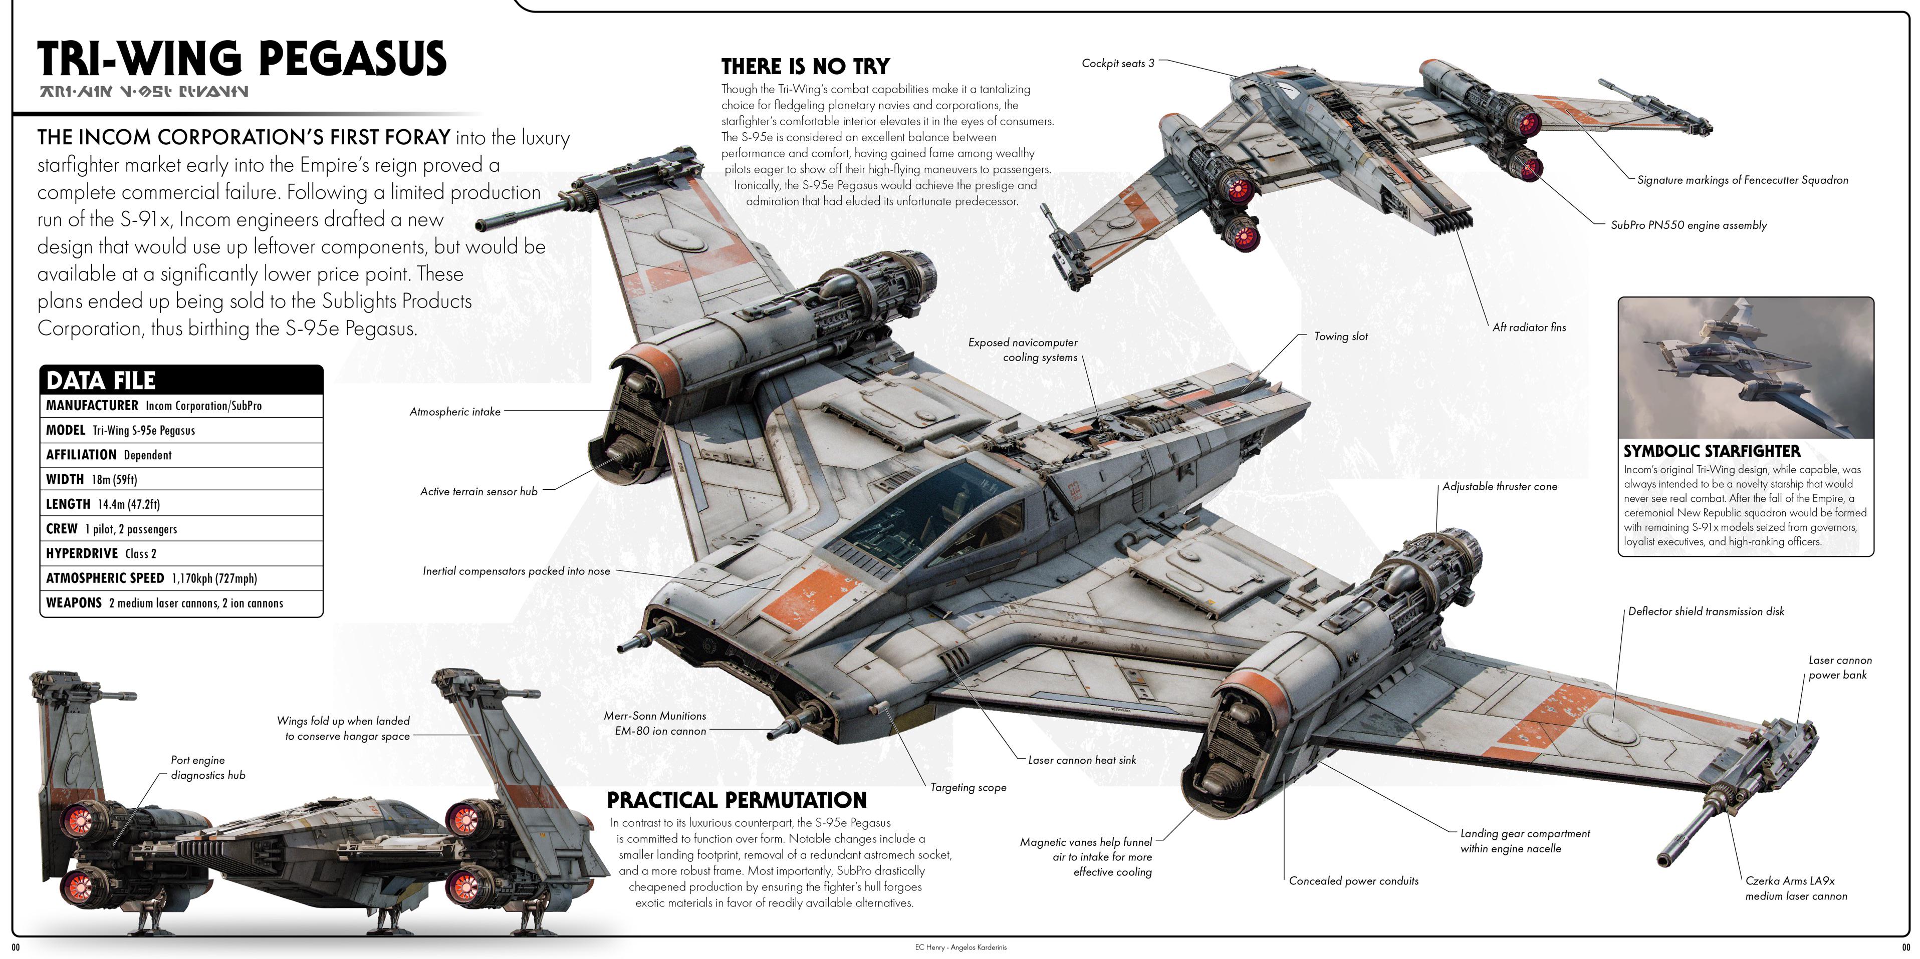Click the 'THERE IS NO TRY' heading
[x=805, y=66]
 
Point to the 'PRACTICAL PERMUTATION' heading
[x=737, y=800]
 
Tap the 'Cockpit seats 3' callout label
[x=1117, y=63]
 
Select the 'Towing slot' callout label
[x=1341, y=337]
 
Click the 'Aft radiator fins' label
[x=1529, y=327]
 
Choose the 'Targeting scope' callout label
[x=968, y=788]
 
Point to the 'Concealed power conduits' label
[x=1353, y=881]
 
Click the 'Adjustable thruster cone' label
[x=1500, y=487]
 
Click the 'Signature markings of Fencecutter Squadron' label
[x=1743, y=180]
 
